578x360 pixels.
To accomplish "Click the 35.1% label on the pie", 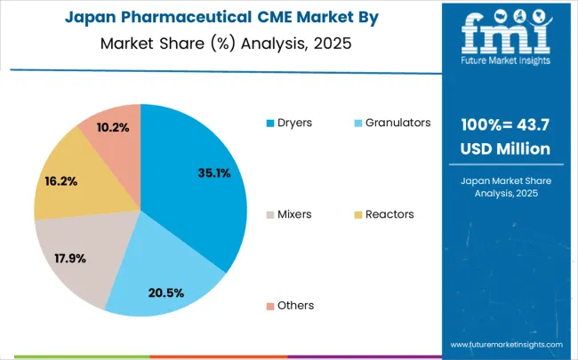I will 214,173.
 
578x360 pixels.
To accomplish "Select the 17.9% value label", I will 72,259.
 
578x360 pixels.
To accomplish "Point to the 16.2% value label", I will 60,180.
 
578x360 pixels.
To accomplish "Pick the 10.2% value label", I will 112,127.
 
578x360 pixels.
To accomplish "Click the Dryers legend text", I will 294,122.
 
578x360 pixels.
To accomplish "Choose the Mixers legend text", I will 295,213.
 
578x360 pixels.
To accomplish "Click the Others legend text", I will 295,305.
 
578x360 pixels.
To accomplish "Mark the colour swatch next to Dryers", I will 270,123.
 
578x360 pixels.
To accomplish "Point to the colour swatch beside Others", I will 270,306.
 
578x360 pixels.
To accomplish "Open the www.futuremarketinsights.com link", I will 506,343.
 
